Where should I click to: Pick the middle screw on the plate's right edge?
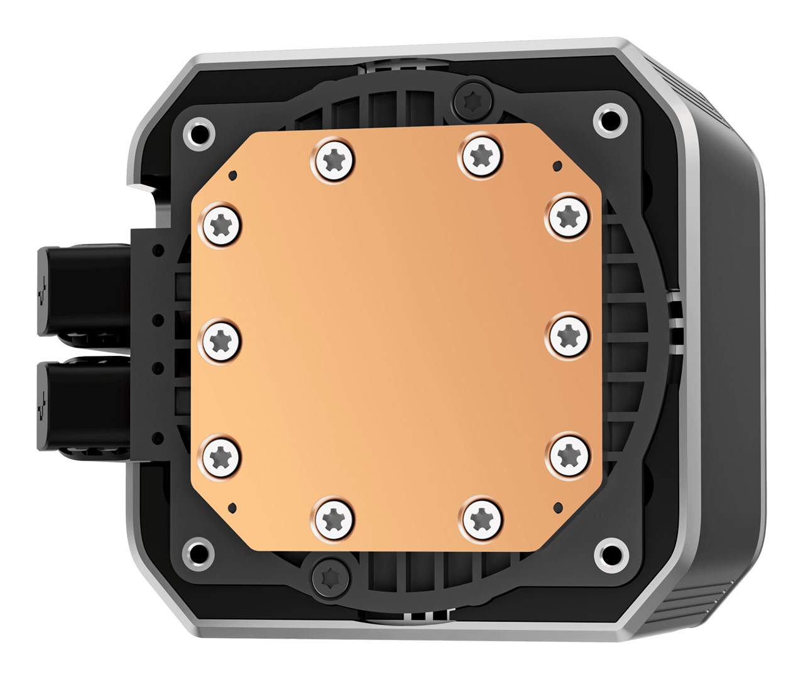tap(569, 333)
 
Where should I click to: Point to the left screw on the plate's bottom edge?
tap(332, 519)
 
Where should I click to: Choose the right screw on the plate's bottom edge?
tap(481, 517)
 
